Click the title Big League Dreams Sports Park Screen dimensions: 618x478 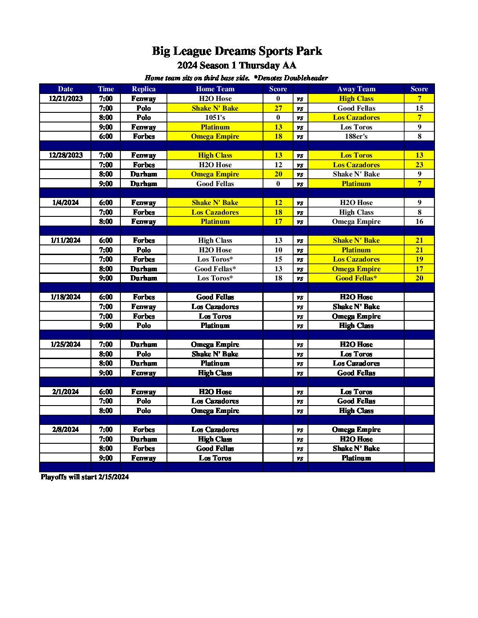pyautogui.click(x=237, y=51)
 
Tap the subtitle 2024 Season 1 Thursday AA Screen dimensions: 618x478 pyautogui.click(x=237, y=65)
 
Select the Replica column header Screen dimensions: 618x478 pyautogui.click(x=144, y=89)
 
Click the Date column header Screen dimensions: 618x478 pyautogui.click(x=65, y=89)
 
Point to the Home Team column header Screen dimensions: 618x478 pyautogui.click(x=215, y=89)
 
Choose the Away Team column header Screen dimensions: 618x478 pyautogui.click(x=356, y=89)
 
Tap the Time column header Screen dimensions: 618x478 pyautogui.click(x=106, y=89)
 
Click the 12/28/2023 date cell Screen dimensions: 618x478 pyautogui.click(x=65, y=155)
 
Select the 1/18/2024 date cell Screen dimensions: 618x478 pyautogui.click(x=65, y=297)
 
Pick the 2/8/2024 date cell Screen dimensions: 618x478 pyautogui.click(x=65, y=430)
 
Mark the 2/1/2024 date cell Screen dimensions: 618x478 pyautogui.click(x=65, y=392)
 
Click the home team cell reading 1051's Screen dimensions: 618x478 pyautogui.click(x=215, y=118)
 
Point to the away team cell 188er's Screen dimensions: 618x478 pyautogui.click(x=356, y=137)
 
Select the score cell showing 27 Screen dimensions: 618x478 pyautogui.click(x=278, y=108)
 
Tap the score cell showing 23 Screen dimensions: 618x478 pyautogui.click(x=419, y=165)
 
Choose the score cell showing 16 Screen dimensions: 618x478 pyautogui.click(x=419, y=222)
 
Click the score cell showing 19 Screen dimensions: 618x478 pyautogui.click(x=419, y=259)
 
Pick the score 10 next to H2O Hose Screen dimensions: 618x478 pyautogui.click(x=278, y=250)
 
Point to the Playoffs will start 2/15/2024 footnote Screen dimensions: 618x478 pyautogui.click(x=85, y=477)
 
